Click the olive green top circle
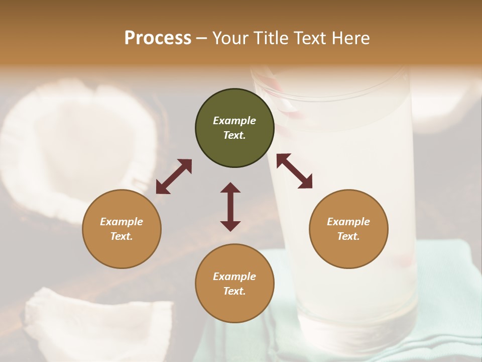[234, 128]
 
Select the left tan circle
[122, 229]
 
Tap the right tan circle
[348, 229]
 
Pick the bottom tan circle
[234, 284]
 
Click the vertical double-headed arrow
[230, 207]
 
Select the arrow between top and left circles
[174, 176]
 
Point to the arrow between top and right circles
[294, 171]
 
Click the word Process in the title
[158, 38]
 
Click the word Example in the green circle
[234, 121]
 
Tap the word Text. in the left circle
[122, 236]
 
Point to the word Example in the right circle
[348, 222]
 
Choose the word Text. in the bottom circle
[234, 291]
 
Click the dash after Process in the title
[202, 38]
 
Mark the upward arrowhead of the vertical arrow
[230, 188]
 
